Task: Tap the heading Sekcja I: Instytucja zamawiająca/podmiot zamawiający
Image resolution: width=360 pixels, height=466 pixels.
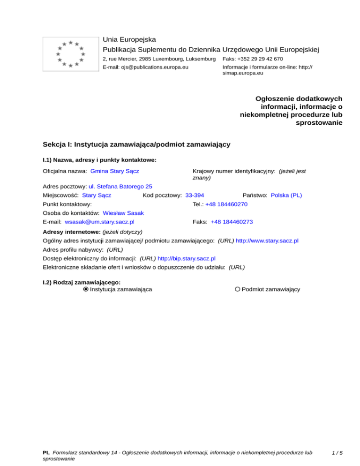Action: tap(136, 144)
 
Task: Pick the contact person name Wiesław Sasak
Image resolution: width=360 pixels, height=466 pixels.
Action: tap(123, 213)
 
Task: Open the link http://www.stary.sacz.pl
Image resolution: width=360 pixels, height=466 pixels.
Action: tap(268, 241)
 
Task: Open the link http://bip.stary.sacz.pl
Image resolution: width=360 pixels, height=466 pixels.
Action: tap(187, 258)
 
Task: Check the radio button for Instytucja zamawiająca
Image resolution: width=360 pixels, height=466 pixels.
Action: tap(86, 289)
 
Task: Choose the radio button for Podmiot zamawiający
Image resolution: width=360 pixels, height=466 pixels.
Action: tap(238, 289)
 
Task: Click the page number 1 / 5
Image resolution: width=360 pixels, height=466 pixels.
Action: tap(336, 453)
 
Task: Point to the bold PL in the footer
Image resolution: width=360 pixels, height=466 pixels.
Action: tap(46, 453)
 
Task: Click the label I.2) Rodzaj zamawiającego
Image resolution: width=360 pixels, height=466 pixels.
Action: tap(82, 282)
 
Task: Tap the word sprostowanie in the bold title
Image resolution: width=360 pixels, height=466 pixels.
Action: tap(319, 123)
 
